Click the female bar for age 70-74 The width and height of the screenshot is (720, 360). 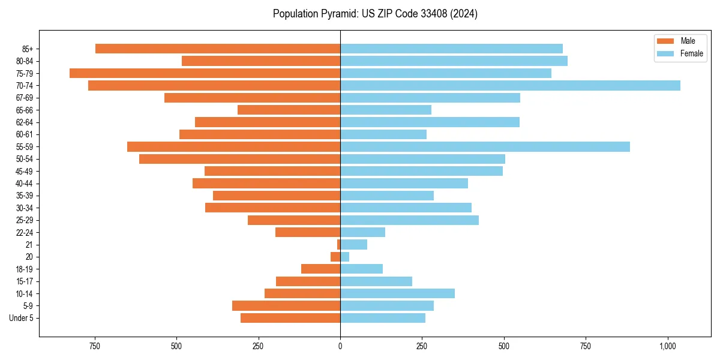[x=510, y=86]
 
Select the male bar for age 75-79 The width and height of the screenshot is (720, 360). [x=205, y=73]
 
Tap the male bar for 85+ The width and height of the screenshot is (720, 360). [x=217, y=49]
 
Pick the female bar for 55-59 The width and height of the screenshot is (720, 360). [x=485, y=147]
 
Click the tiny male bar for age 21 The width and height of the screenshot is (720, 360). [x=338, y=245]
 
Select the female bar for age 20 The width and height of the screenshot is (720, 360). [x=344, y=257]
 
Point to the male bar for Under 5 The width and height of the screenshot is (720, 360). [x=290, y=318]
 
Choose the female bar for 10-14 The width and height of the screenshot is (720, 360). [x=397, y=293]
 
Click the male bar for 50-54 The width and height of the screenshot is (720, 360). [x=239, y=159]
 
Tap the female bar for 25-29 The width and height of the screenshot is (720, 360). [x=409, y=220]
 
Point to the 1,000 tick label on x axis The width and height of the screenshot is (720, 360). [x=667, y=346]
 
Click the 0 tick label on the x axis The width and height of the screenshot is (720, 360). [x=340, y=346]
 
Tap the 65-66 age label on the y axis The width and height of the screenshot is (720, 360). [x=25, y=110]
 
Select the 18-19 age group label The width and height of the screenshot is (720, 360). [x=25, y=269]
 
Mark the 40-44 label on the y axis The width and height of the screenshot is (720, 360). [x=25, y=184]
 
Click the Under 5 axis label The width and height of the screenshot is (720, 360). [x=21, y=318]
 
